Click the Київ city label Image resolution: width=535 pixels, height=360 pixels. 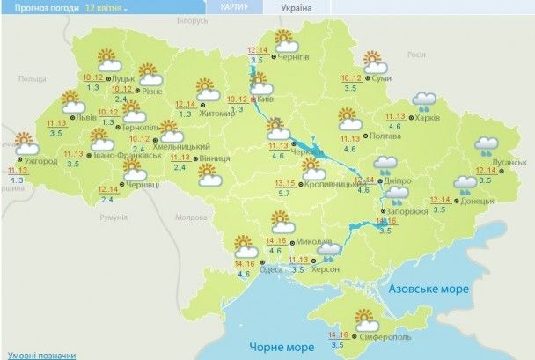265,102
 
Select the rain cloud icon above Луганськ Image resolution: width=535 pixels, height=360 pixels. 487,143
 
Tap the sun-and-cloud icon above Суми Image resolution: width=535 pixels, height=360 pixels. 375,61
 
